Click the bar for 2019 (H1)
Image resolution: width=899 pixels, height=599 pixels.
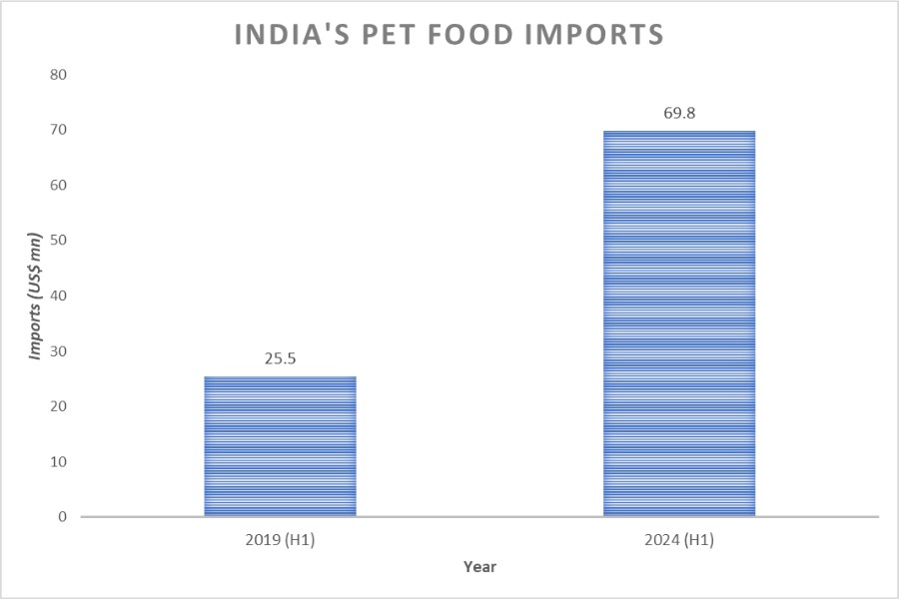[x=281, y=446]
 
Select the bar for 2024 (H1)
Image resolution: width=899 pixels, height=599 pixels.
[x=679, y=323]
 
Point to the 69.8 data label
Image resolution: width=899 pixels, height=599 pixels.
[x=679, y=113]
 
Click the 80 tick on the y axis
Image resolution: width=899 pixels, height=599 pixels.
[x=58, y=75]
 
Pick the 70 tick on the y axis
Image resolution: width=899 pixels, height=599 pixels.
[x=58, y=130]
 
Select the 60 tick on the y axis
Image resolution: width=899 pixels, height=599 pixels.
[x=58, y=186]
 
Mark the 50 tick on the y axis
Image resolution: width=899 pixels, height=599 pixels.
[x=58, y=241]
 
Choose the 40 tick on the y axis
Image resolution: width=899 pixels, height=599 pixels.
[x=58, y=296]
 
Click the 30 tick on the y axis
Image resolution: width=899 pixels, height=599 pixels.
[x=58, y=351]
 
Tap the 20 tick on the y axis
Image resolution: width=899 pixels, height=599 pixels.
[x=58, y=406]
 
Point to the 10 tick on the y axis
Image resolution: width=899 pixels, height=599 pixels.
[x=58, y=462]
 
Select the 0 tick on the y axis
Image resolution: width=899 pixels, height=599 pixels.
[x=62, y=517]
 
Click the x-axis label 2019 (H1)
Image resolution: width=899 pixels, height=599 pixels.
[x=281, y=540]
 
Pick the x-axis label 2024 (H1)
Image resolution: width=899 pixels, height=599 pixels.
[x=679, y=540]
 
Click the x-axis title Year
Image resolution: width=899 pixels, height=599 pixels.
[x=479, y=567]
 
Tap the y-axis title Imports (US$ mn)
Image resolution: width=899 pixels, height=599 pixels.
[x=35, y=297]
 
